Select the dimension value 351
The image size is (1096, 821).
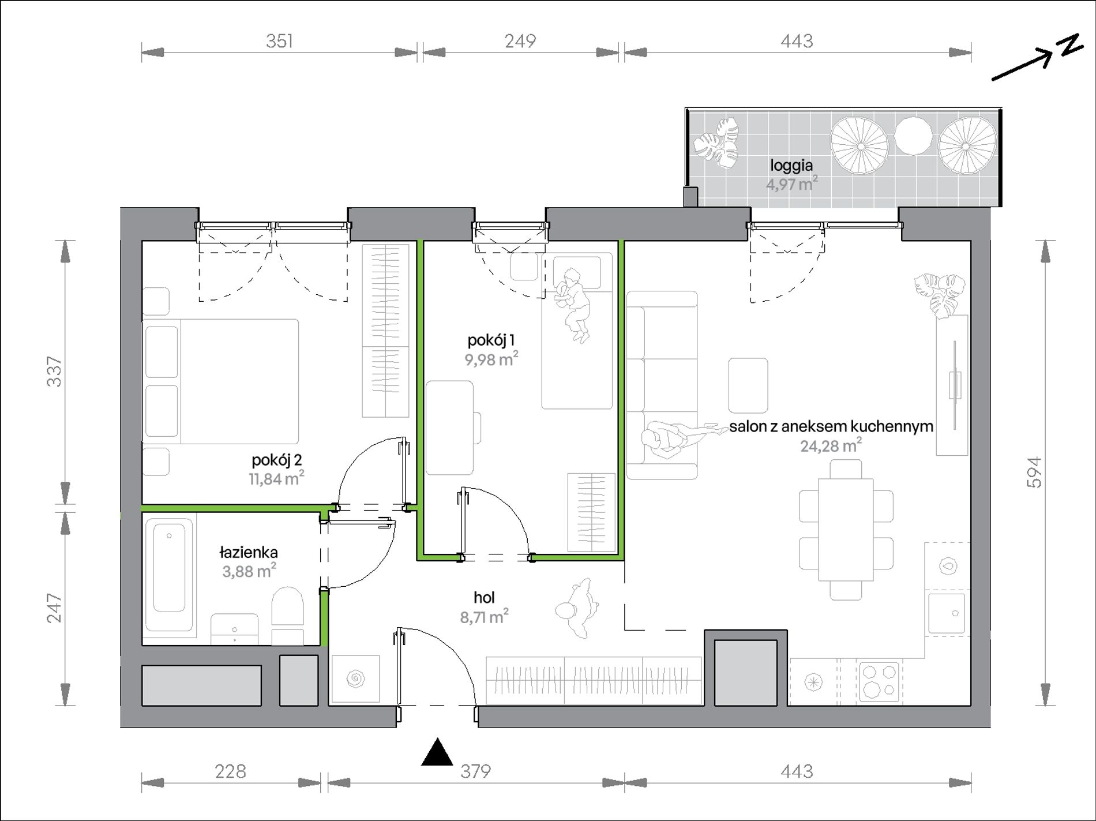point(279,41)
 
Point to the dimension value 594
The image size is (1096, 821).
point(1034,473)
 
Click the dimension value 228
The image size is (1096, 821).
point(230,771)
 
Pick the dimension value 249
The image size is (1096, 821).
point(520,41)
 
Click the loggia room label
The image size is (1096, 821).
point(791,166)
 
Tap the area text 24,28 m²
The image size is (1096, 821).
point(831,445)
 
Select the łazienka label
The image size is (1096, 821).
point(249,552)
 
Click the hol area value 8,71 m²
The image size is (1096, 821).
point(484,617)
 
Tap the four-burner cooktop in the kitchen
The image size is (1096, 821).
point(879,681)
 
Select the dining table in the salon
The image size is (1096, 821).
point(846,530)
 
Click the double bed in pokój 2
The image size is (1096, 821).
point(220,381)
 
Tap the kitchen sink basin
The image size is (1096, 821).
point(947,614)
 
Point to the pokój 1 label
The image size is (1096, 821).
point(491,340)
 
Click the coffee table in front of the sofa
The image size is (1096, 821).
point(748,385)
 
